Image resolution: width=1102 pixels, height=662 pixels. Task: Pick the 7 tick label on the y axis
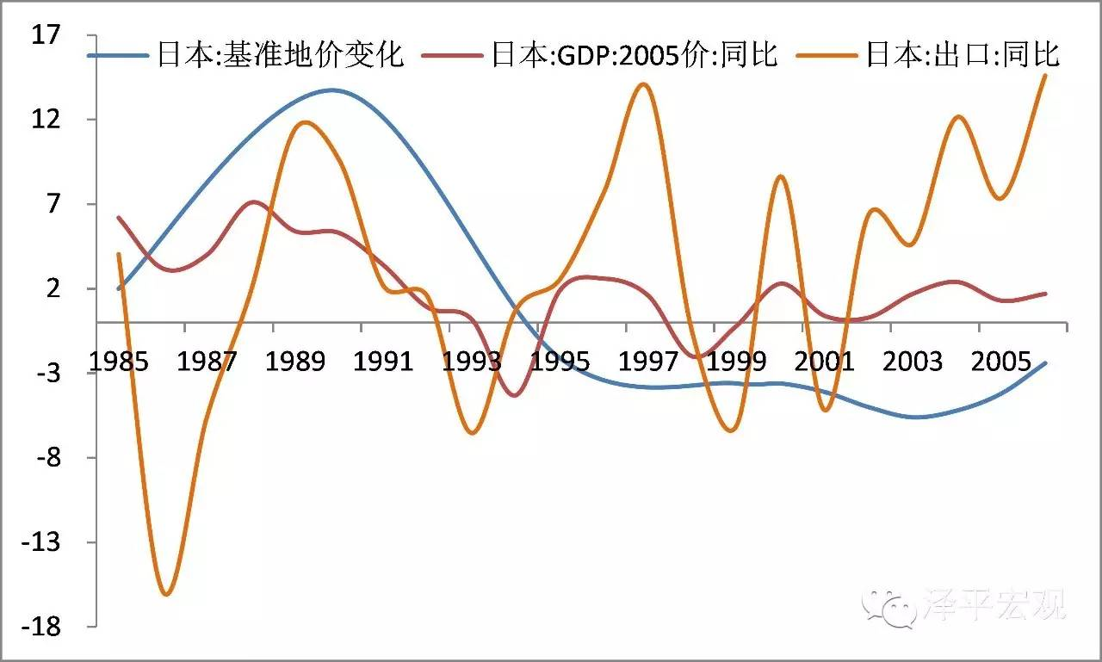click(53, 204)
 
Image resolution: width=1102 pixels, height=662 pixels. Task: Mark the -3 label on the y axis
click(48, 374)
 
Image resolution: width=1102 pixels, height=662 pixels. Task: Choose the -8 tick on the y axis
click(48, 458)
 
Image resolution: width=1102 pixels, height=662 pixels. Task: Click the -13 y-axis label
click(43, 542)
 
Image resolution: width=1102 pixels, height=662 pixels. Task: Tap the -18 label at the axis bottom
click(43, 627)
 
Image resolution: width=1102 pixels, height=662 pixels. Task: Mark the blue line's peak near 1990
click(331, 90)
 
